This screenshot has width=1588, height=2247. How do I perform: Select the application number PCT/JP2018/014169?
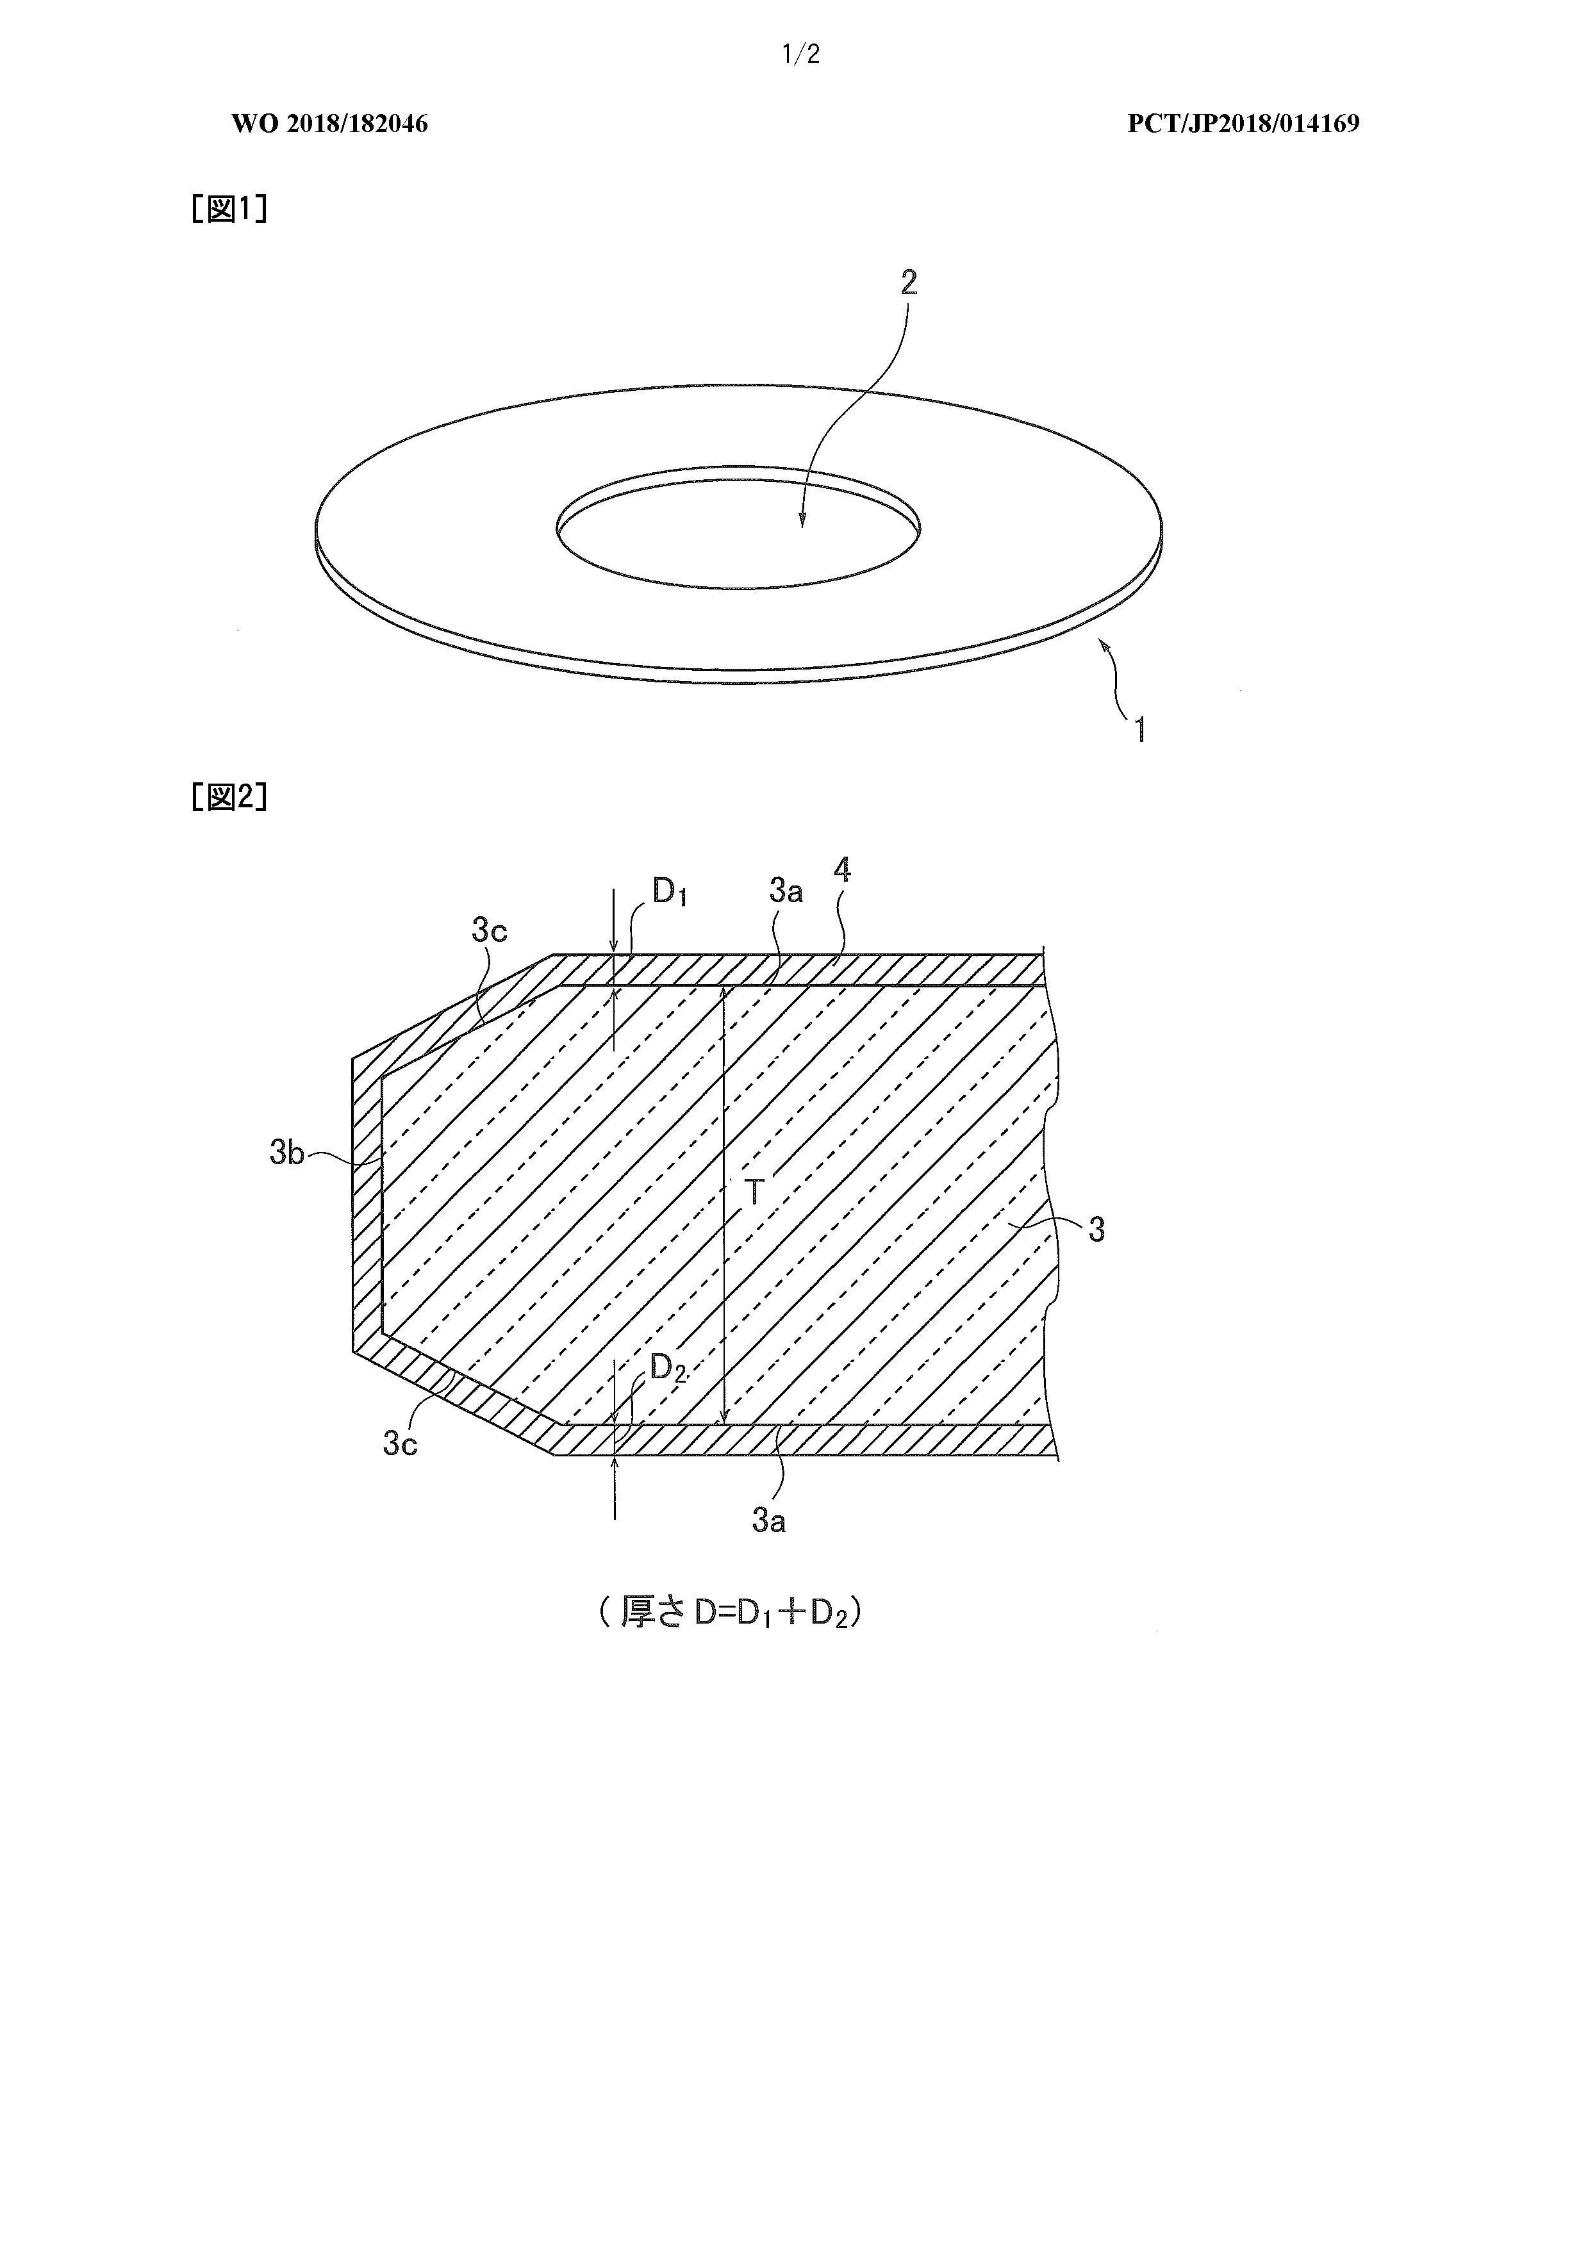[x=1243, y=123]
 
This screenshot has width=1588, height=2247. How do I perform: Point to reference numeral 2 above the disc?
[x=909, y=283]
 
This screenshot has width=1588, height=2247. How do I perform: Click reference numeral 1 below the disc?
[x=1139, y=730]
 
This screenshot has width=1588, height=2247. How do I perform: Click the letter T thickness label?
[x=754, y=1192]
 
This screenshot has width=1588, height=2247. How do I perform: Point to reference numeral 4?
[x=842, y=870]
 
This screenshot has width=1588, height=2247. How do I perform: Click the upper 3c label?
[x=490, y=931]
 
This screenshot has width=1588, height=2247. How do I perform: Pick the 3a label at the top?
[x=786, y=891]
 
